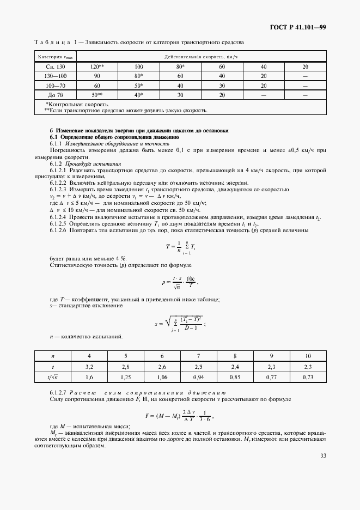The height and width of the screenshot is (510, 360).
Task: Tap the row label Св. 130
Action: (55, 66)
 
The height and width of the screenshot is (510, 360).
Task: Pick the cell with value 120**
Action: (97, 66)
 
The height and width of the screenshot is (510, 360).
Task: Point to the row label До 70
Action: (55, 95)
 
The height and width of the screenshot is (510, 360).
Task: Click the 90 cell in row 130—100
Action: (97, 76)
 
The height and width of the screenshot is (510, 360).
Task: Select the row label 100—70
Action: (55, 86)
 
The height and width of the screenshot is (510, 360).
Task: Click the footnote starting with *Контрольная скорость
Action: (77, 104)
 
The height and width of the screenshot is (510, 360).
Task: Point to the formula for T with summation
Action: (180, 246)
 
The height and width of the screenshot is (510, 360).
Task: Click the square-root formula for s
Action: (180, 323)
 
